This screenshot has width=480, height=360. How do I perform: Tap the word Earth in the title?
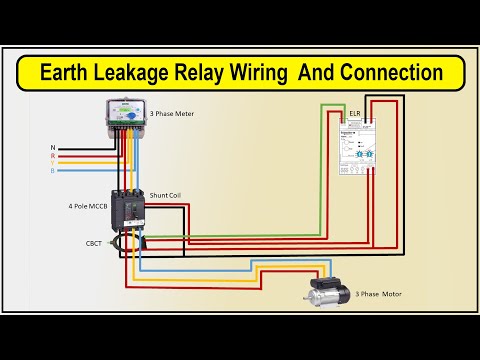(67, 73)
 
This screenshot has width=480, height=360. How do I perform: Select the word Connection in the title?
(389, 73)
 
